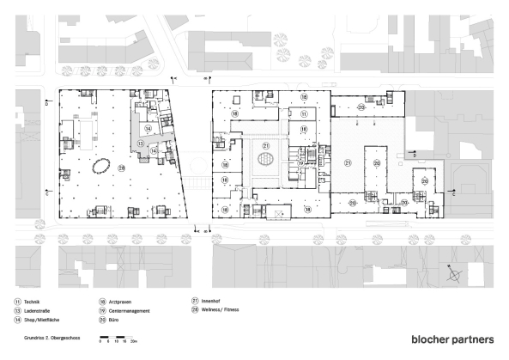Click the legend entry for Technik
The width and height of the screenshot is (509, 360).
pyautogui.click(x=31, y=302)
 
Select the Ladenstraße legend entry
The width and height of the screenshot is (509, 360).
pyautogui.click(x=36, y=309)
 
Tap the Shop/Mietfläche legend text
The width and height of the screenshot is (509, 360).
pyautogui.click(x=39, y=317)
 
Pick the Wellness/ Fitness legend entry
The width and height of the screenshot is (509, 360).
pyautogui.click(x=220, y=308)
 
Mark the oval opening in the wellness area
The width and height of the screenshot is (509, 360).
pyautogui.click(x=102, y=164)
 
